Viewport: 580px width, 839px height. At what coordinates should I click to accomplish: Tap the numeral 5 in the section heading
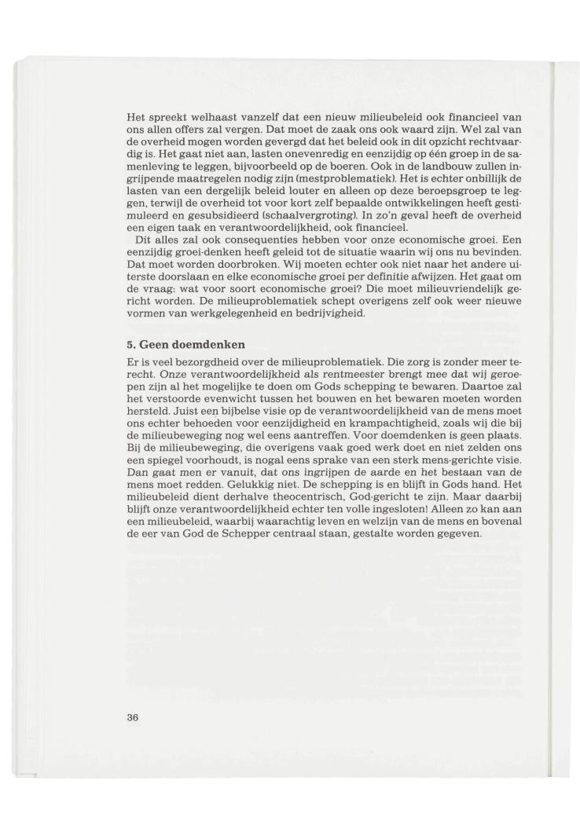(x=130, y=343)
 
